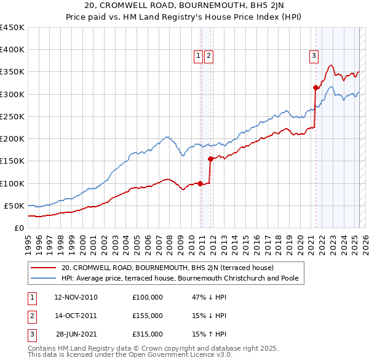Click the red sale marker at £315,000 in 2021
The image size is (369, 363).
click(x=315, y=87)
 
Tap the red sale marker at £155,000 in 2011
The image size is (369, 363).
click(x=210, y=159)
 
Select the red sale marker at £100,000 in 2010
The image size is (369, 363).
click(x=200, y=183)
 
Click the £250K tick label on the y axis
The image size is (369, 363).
click(x=12, y=116)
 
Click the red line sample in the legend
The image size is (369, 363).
click(x=43, y=268)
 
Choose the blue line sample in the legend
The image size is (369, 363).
click(x=43, y=278)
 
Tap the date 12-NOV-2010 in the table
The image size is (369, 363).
click(x=76, y=297)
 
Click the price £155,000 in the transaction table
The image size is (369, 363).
click(x=148, y=316)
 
